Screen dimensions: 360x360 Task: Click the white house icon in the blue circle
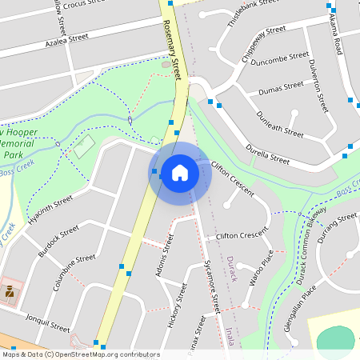[x=180, y=172]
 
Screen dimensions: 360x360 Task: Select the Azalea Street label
[x=66, y=38]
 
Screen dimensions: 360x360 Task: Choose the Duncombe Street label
[x=279, y=58]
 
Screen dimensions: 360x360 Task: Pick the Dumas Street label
[x=281, y=84]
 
